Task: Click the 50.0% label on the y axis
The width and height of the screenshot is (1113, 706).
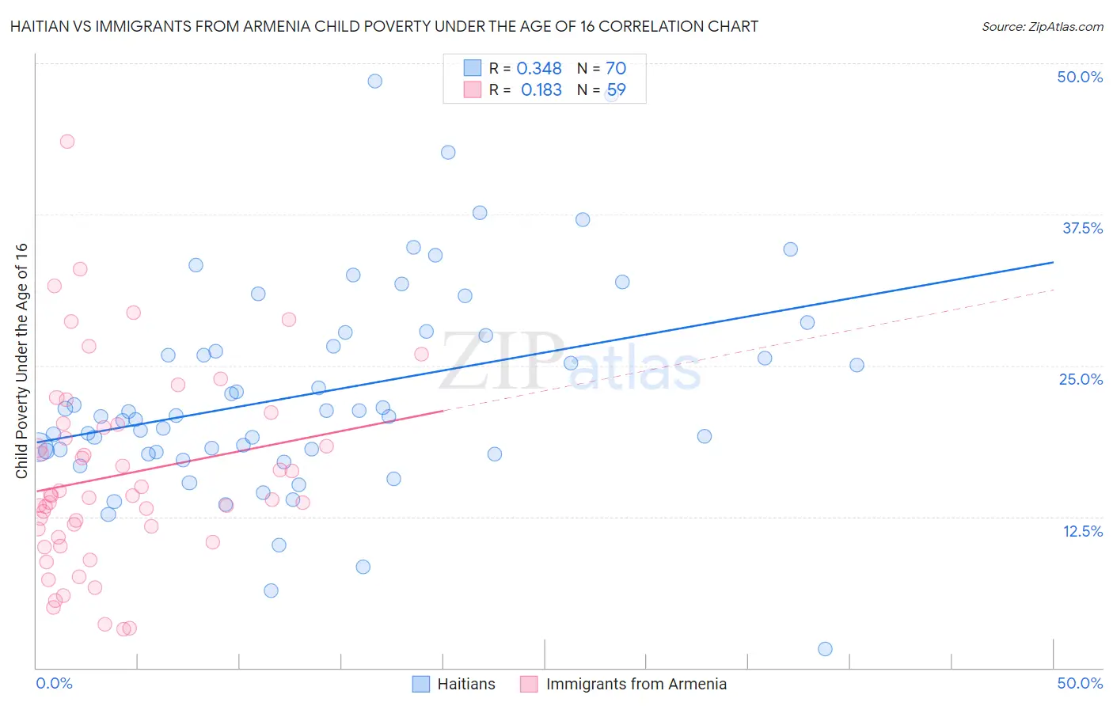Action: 1080,77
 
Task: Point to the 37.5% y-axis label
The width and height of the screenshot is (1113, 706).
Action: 1082,228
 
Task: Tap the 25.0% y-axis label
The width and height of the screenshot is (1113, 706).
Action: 1081,379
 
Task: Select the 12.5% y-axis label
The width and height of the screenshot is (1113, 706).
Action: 1082,531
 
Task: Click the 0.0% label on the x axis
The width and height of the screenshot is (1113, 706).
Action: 54,683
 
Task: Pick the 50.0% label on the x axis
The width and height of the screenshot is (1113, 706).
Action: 1080,683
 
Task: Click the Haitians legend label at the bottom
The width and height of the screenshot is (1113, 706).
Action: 466,684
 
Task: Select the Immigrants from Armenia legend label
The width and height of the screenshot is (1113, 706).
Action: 636,684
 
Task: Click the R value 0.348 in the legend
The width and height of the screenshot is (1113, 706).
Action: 539,69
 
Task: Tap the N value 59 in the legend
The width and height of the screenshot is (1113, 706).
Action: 616,90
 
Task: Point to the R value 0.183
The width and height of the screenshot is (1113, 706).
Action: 541,90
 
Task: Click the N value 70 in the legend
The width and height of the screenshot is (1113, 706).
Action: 616,69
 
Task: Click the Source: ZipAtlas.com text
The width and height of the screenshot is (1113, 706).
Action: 1042,27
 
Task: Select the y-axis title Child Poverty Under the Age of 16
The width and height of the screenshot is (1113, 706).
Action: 22,360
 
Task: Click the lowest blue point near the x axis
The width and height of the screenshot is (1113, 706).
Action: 825,649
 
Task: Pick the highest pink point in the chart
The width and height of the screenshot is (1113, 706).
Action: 67,142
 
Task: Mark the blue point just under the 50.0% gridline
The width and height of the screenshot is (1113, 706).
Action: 375,81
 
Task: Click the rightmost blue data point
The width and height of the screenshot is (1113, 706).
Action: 857,365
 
